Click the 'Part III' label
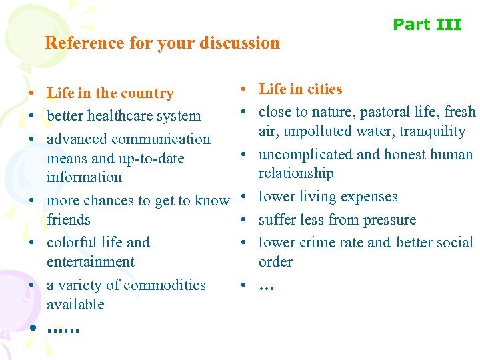click(x=427, y=25)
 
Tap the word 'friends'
click(x=69, y=220)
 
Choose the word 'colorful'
click(x=73, y=243)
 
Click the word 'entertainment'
click(x=91, y=262)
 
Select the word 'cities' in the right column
click(x=323, y=89)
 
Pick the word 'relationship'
click(x=295, y=173)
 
